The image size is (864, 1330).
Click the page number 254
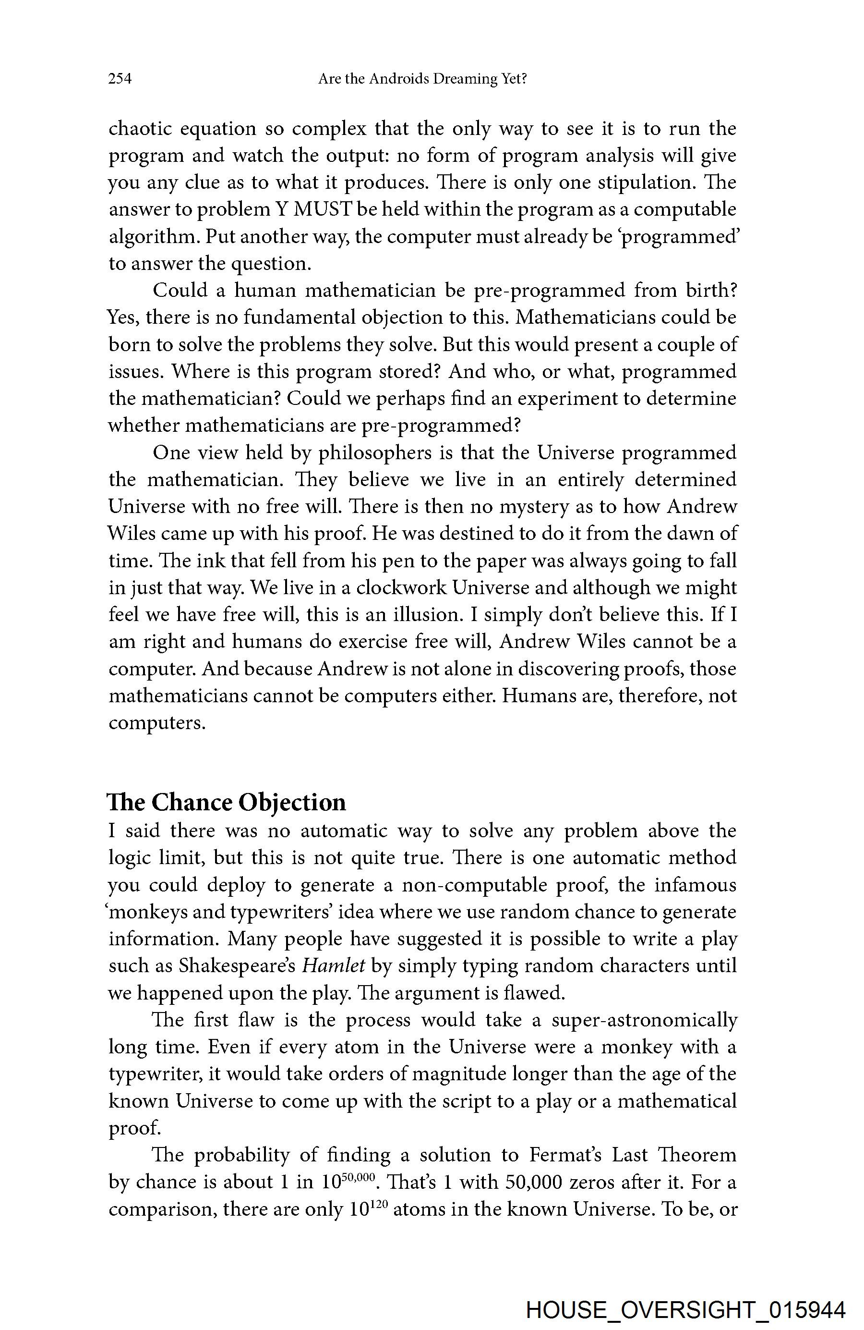coord(120,79)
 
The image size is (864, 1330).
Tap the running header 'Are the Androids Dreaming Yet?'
coord(422,79)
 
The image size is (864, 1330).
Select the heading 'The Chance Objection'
coord(227,802)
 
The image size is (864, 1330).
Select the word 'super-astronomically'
coord(645,1019)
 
